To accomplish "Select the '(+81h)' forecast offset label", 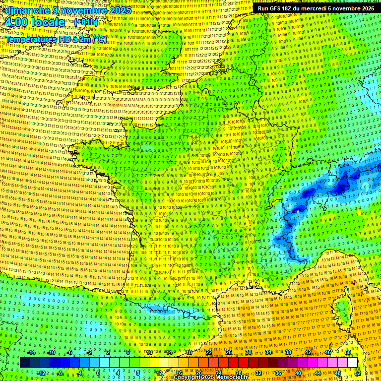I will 86,22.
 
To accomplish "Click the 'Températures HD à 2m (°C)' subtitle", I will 56,39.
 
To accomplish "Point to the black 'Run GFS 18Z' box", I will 316,8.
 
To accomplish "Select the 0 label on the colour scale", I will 98,373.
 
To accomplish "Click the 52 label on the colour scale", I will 358,373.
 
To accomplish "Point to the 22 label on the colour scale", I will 208,352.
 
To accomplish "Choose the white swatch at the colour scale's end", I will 352,363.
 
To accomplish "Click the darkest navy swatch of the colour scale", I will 25,363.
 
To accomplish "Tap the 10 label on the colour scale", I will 149,352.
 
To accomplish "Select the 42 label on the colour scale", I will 308,352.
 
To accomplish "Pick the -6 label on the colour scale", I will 70,352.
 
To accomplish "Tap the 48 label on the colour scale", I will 338,373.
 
